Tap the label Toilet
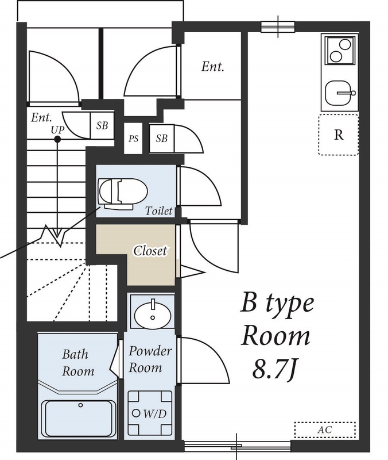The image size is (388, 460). click(x=159, y=211)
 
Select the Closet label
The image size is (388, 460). click(x=150, y=251)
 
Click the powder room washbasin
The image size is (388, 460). click(x=152, y=314)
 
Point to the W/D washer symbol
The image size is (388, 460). click(x=150, y=412)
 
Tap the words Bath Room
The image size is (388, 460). click(x=78, y=363)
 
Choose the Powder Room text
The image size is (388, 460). click(x=150, y=359)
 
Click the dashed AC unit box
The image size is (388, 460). click(x=325, y=430)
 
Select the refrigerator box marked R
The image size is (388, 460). click(x=339, y=135)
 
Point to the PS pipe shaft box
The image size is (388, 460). click(x=133, y=138)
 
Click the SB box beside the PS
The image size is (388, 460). click(x=162, y=139)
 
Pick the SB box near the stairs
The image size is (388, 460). click(x=102, y=125)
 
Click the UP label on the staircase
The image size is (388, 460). click(x=58, y=129)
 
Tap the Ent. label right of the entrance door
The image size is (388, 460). click(x=212, y=67)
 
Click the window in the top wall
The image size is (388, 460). click(x=278, y=27)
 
